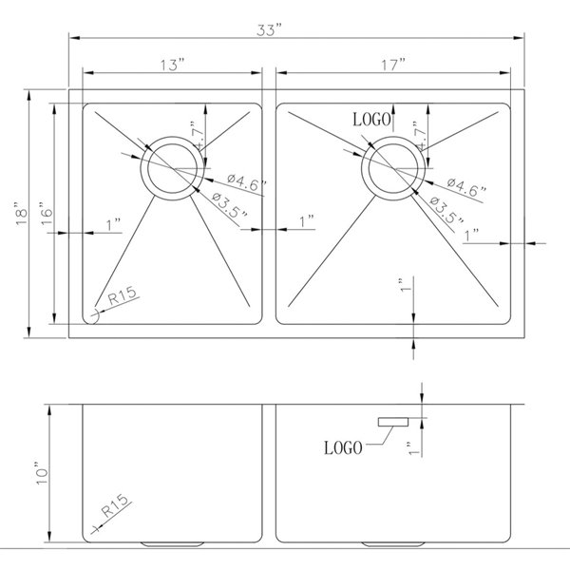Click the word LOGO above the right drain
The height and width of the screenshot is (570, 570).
click(373, 120)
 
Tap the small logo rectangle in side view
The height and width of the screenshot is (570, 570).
click(392, 421)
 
